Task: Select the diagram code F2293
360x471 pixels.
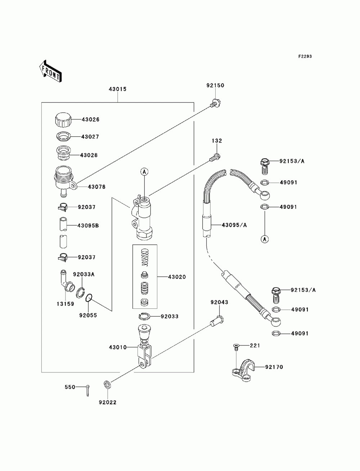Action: (305, 56)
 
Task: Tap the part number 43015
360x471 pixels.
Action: (117, 89)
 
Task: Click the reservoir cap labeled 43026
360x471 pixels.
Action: (63, 120)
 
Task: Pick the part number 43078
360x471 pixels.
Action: (96, 187)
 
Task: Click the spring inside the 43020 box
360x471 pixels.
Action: (145, 258)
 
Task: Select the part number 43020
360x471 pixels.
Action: (177, 277)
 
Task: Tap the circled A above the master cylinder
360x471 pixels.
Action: (144, 172)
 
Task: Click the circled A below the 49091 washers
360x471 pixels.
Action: (265, 239)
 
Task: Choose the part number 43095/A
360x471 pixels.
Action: (234, 225)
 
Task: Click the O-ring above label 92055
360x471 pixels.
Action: (89, 298)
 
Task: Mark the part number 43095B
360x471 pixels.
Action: (88, 226)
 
